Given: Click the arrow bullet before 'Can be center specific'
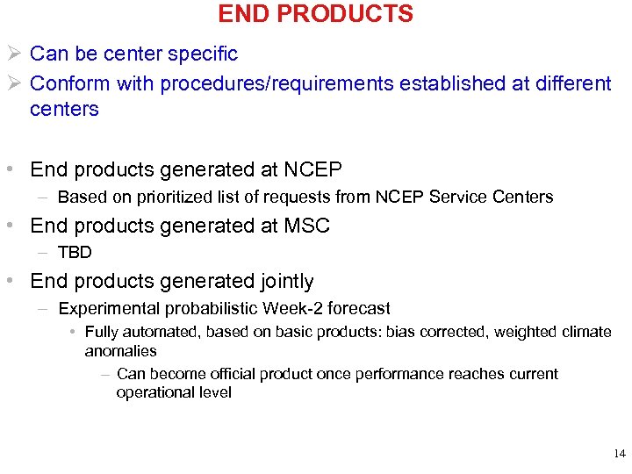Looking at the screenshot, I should pyautogui.click(x=16, y=54).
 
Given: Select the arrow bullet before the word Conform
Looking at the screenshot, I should pyautogui.click(x=16, y=83).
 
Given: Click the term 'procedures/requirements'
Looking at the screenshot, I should pyautogui.click(x=278, y=83).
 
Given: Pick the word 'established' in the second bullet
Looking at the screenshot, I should pyautogui.click(x=456, y=83).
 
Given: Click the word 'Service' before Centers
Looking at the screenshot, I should pyautogui.click(x=456, y=197).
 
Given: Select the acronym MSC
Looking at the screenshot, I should pyautogui.click(x=306, y=226).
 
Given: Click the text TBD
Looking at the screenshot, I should pyautogui.click(x=75, y=253).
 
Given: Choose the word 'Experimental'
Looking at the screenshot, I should pyautogui.click(x=101, y=308).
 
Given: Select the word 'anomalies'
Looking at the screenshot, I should pyautogui.click(x=120, y=350).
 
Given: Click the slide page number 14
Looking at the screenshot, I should pyautogui.click(x=620, y=454).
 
